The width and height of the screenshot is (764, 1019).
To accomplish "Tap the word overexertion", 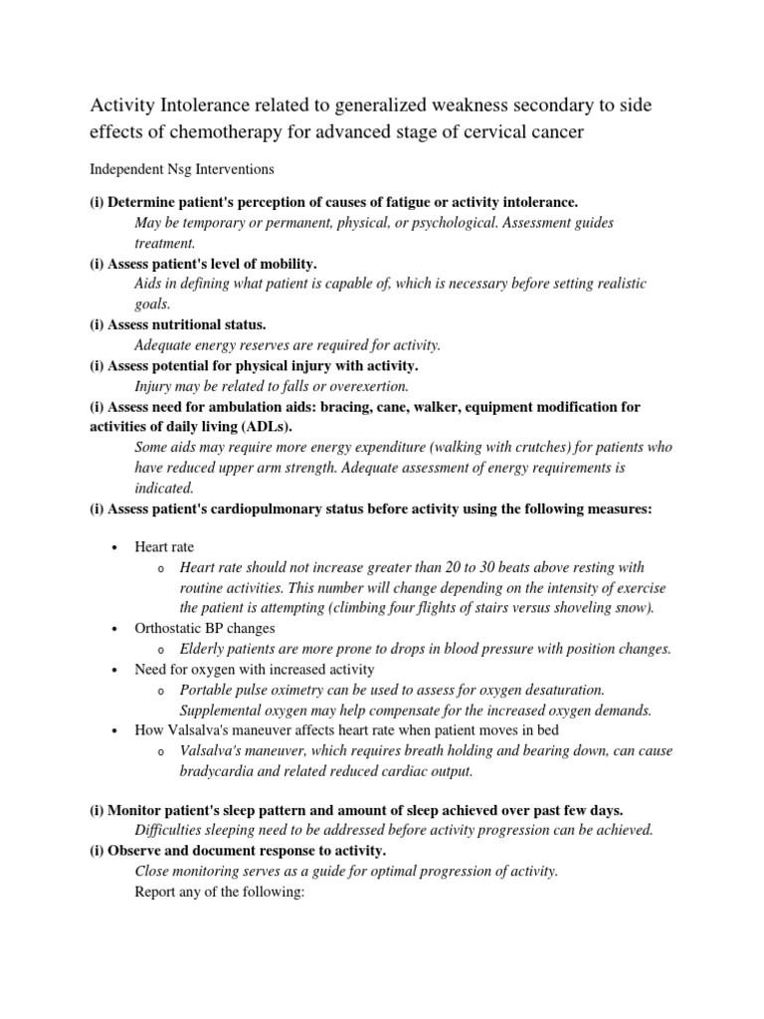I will point(365,386).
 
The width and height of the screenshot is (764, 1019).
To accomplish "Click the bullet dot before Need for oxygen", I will point(115,670).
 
